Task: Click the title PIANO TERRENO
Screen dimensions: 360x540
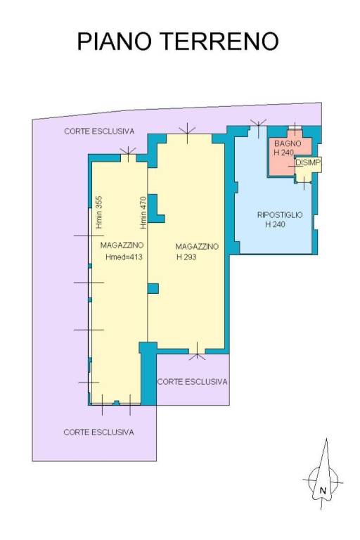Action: pyautogui.click(x=177, y=41)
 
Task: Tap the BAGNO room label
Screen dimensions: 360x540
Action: pyautogui.click(x=288, y=143)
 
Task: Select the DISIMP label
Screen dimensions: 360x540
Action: pyautogui.click(x=308, y=162)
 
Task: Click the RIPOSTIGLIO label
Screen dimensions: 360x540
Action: pyautogui.click(x=280, y=215)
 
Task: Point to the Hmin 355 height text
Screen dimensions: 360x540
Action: pyautogui.click(x=99, y=212)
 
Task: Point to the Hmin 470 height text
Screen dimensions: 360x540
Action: pyautogui.click(x=143, y=212)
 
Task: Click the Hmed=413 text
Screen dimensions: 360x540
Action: pyautogui.click(x=124, y=257)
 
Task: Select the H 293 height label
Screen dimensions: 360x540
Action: pyautogui.click(x=186, y=257)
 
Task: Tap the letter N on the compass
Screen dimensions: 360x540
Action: pyautogui.click(x=323, y=490)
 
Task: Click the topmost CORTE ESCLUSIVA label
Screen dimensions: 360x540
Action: pyautogui.click(x=99, y=131)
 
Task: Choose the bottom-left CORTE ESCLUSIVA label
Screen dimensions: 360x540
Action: pyautogui.click(x=98, y=432)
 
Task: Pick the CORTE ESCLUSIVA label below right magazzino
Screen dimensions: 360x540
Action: pyautogui.click(x=192, y=382)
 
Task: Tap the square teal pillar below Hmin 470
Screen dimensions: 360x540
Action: pyautogui.click(x=153, y=288)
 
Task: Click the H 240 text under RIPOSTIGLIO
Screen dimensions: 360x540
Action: pyautogui.click(x=275, y=224)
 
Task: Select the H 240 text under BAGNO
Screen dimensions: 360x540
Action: pyautogui.click(x=284, y=152)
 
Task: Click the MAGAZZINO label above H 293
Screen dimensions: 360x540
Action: pyautogui.click(x=197, y=247)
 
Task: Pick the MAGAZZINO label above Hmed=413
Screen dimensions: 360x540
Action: pyautogui.click(x=122, y=245)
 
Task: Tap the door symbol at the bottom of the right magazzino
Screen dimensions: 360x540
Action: pyautogui.click(x=197, y=352)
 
